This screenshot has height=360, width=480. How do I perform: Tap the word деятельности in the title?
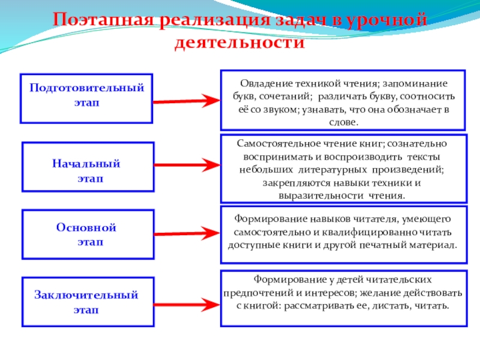click(239, 43)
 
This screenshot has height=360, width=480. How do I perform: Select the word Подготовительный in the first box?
click(87, 88)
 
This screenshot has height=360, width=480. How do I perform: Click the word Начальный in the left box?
click(86, 163)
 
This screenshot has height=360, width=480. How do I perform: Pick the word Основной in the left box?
click(86, 228)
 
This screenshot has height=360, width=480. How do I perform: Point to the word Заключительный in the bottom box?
click(86, 295)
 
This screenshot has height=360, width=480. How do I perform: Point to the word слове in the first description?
click(343, 122)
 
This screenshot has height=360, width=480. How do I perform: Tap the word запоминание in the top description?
click(416, 83)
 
